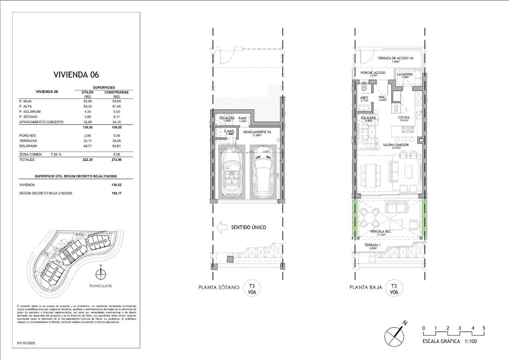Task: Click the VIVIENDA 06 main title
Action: tap(76, 75)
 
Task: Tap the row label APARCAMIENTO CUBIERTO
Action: tap(41, 122)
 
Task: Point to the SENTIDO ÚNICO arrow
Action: tap(222, 227)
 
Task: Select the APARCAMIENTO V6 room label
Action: tap(257, 132)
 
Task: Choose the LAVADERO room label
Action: tap(405, 74)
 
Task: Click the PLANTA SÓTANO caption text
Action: tap(219, 287)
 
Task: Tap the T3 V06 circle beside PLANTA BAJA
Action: tap(394, 289)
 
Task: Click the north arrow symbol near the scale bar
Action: tap(395, 333)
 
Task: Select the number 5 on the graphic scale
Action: tap(484, 328)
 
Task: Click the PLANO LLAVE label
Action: tap(101, 286)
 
